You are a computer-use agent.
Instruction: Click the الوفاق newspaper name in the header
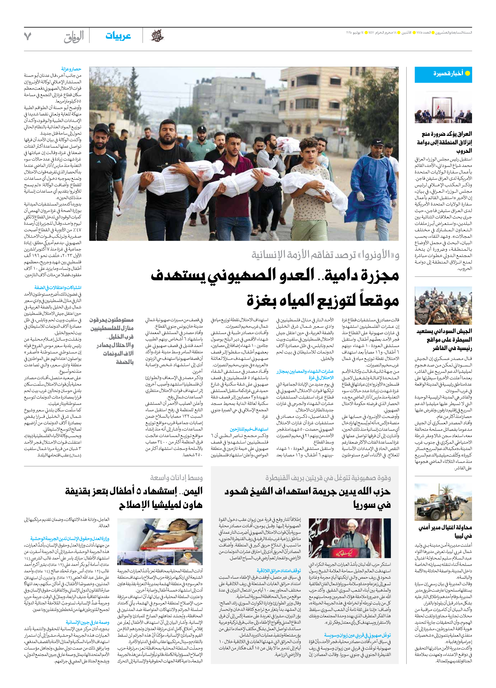click(x=74, y=37)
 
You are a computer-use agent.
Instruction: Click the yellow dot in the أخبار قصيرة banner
click(x=467, y=73)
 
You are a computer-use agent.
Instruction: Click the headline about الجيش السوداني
click(x=444, y=339)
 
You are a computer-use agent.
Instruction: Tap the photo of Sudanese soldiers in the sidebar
click(x=443, y=306)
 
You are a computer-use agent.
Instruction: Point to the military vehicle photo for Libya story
click(x=443, y=502)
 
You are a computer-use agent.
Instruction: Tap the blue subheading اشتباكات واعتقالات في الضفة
click(x=58, y=287)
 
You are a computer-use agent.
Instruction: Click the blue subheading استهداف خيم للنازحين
click(x=249, y=429)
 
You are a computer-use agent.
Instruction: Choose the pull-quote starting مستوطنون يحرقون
click(x=112, y=341)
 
